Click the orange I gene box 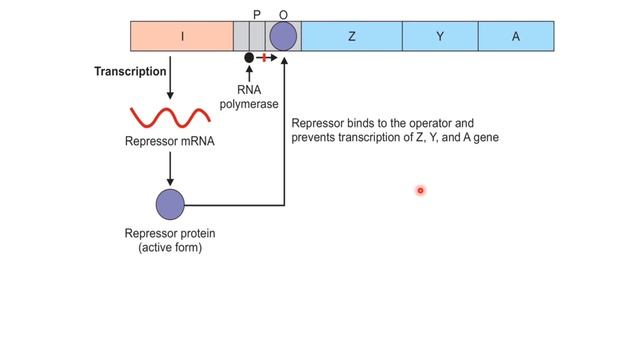pyautogui.click(x=182, y=37)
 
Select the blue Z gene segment pyautogui.click(x=352, y=37)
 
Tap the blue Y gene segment pyautogui.click(x=440, y=37)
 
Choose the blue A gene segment pyautogui.click(x=516, y=37)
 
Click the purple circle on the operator pyautogui.click(x=284, y=37)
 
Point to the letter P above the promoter pyautogui.click(x=256, y=14)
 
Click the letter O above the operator pyautogui.click(x=283, y=14)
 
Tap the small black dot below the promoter pyautogui.click(x=249, y=58)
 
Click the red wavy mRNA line pyautogui.click(x=169, y=118)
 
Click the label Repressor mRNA pyautogui.click(x=170, y=141)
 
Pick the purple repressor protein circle pyautogui.click(x=171, y=204)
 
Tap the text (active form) pyautogui.click(x=170, y=247)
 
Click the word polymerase pyautogui.click(x=249, y=103)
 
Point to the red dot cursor pyautogui.click(x=421, y=190)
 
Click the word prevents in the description pyautogui.click(x=316, y=137)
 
